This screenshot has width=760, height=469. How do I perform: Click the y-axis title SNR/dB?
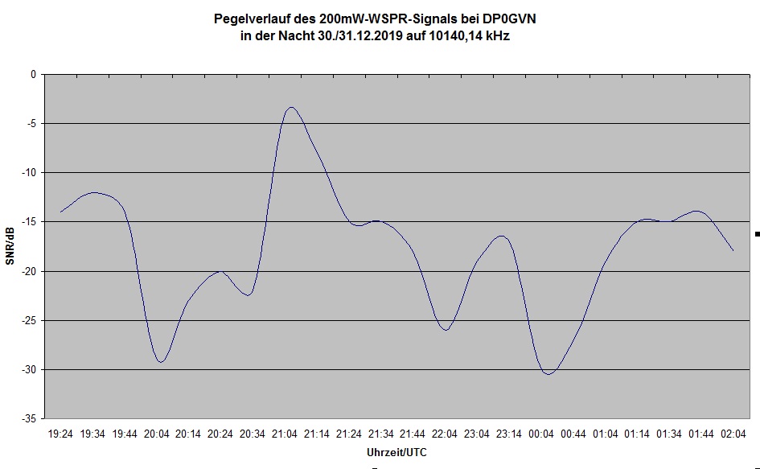(10, 246)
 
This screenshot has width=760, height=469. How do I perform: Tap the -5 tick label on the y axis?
(31, 123)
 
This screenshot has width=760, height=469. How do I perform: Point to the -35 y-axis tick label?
(29, 419)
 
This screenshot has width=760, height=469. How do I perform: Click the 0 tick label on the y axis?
(34, 74)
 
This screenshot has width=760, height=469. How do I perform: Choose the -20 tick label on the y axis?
(29, 271)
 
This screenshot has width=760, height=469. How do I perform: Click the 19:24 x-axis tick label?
(60, 434)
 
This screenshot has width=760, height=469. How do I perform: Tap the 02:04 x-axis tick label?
(733, 434)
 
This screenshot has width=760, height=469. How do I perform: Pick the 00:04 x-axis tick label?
(540, 434)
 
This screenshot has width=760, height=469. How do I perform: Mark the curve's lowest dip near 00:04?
(548, 374)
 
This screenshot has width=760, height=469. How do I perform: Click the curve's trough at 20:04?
(161, 362)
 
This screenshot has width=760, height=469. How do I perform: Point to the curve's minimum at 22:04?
(446, 330)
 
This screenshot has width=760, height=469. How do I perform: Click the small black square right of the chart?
(757, 234)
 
